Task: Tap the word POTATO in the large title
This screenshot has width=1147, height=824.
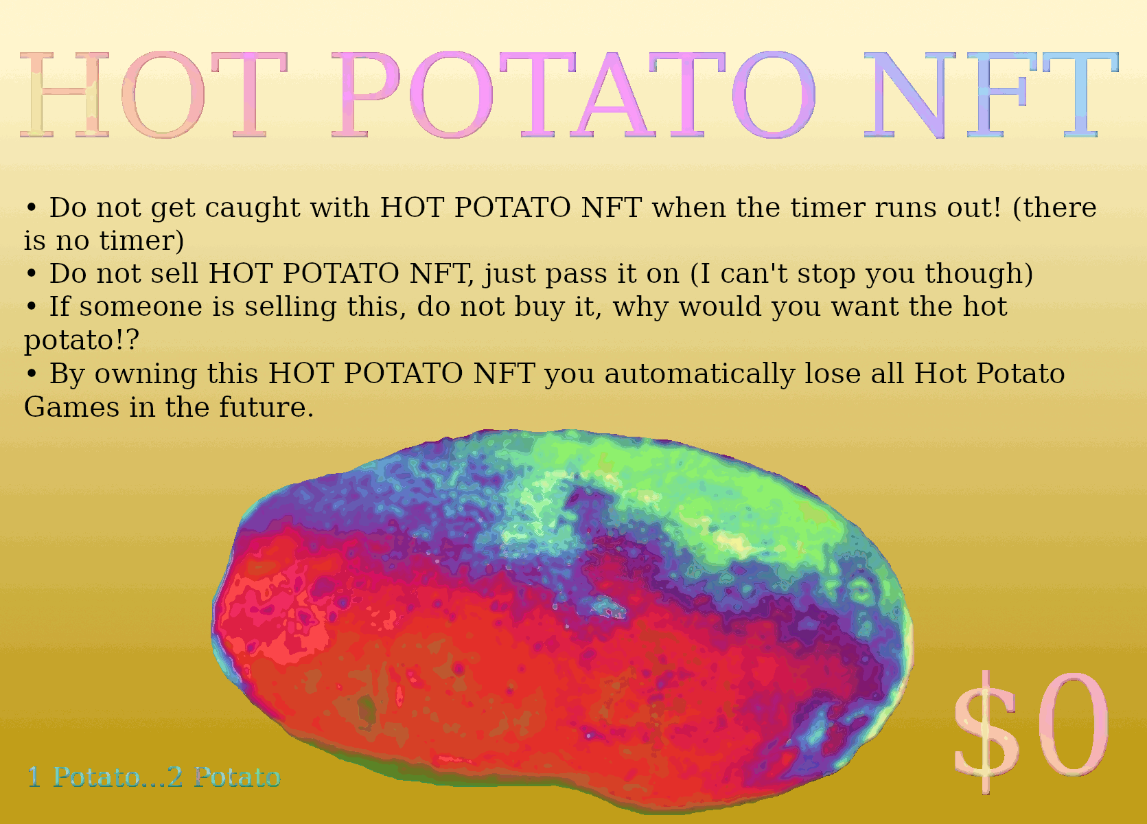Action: tap(574, 95)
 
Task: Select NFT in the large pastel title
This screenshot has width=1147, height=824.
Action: tap(990, 95)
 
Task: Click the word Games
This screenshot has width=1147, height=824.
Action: tap(71, 408)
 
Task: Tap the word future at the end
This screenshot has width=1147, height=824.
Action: tap(266, 408)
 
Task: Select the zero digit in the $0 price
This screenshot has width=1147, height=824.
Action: tap(1074, 724)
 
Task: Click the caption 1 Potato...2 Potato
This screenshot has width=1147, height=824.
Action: tap(154, 777)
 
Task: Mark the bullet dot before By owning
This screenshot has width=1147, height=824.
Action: tap(32, 374)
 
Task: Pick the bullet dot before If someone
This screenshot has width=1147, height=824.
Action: tap(32, 307)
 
